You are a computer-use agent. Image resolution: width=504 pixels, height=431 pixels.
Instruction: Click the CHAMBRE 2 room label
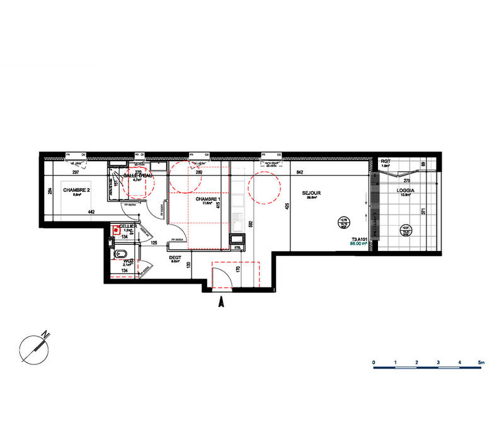point(77,189)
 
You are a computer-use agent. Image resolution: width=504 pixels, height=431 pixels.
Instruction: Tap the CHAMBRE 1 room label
point(209,198)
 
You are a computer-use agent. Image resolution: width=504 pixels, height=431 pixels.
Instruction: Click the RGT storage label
point(386,162)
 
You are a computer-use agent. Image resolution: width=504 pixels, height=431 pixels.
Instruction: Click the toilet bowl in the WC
point(118,255)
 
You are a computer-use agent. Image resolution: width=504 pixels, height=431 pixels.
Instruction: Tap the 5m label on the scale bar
point(481,363)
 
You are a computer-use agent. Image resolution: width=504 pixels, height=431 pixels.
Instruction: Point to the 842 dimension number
point(300,172)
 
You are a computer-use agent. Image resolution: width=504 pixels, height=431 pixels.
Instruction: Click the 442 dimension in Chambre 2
point(91,211)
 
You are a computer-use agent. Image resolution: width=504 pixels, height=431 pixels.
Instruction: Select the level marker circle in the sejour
point(343,221)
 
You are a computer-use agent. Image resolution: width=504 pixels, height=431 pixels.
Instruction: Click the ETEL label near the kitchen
point(238,249)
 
